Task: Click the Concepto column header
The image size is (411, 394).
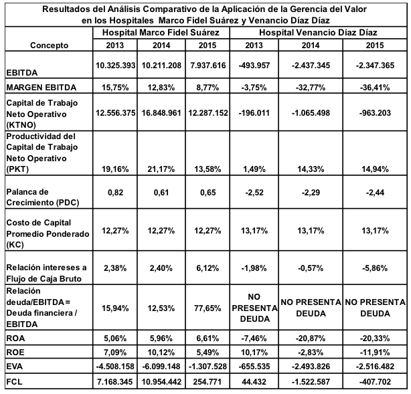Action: [49, 45]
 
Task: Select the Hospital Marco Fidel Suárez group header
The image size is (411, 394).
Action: [161, 33]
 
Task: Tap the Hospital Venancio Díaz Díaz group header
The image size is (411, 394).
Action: [318, 33]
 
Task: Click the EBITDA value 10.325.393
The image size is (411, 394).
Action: [115, 66]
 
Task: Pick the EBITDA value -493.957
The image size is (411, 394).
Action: [254, 66]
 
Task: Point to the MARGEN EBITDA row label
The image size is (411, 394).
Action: [41, 87]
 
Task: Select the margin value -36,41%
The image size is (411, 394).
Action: [375, 87]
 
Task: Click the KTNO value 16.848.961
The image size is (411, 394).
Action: [161, 113]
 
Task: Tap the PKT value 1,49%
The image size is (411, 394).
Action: [254, 169]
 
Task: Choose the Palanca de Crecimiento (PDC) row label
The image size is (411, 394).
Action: [43, 197]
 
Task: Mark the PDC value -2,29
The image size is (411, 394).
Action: [311, 193]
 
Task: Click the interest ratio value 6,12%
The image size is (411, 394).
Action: [208, 268]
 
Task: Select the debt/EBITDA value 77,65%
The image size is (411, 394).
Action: [208, 308]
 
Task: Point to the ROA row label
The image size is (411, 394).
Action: [15, 338]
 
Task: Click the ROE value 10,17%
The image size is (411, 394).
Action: [254, 353]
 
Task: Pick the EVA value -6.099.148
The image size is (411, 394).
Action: [161, 366]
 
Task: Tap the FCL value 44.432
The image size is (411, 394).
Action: [254, 382]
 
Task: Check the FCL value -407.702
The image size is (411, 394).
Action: [375, 382]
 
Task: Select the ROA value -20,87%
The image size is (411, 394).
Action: [311, 338]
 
